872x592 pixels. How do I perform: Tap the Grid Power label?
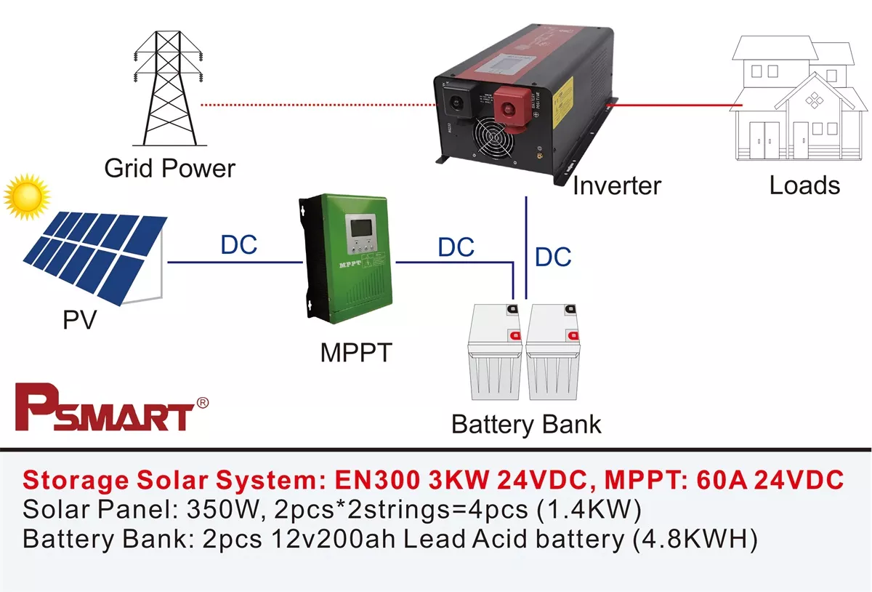[169, 169]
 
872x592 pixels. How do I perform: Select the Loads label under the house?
[804, 185]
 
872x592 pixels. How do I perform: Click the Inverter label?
[617, 185]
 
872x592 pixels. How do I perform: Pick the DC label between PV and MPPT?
[239, 245]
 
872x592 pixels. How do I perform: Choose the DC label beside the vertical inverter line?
[553, 257]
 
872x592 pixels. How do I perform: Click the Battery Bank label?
[526, 424]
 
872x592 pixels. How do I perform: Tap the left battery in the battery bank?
[496, 351]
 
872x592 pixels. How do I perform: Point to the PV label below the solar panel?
[79, 319]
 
